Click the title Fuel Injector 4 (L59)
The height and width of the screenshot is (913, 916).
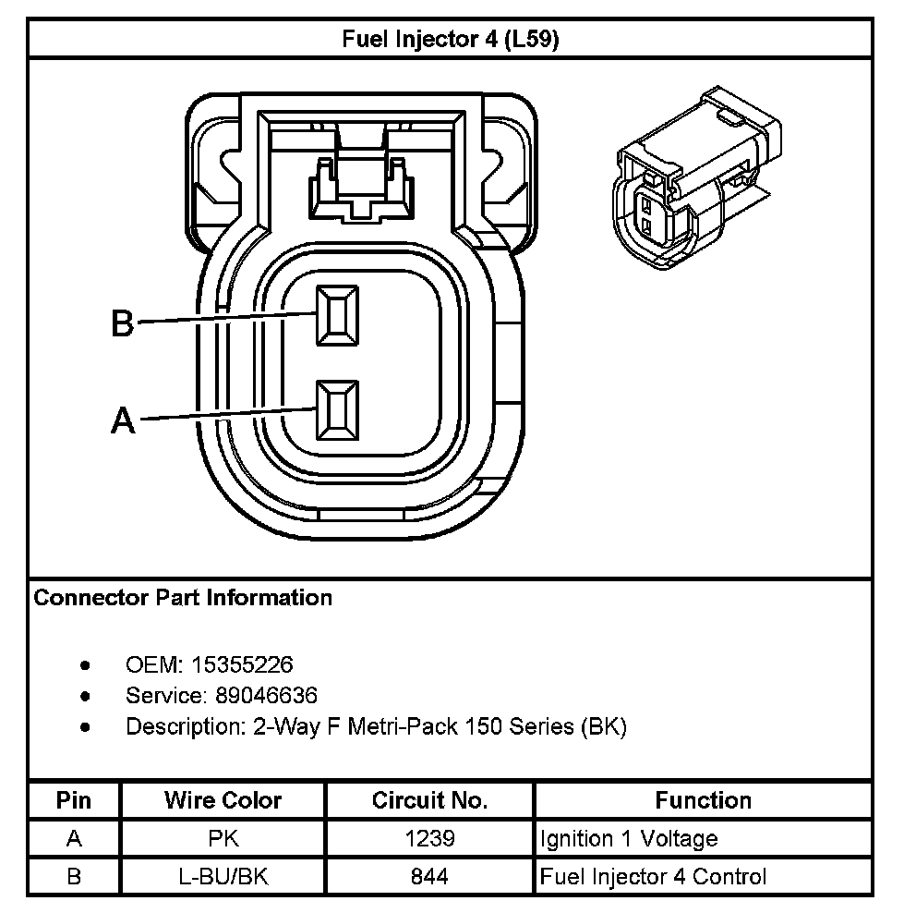coord(451,40)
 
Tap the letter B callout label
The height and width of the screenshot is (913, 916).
coord(123,323)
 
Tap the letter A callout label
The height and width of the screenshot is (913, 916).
coord(123,421)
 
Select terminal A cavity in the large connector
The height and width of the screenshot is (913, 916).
coord(338,409)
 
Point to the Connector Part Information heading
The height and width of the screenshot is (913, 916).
coord(183,598)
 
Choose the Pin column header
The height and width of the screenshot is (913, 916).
coord(74,800)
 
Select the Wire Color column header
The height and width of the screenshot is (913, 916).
coord(223,800)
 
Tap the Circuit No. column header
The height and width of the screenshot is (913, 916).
coord(429,800)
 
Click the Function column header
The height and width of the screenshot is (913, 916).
coord(703,800)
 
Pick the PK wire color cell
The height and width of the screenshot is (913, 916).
coord(223,839)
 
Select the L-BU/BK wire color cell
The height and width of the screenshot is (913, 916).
coord(223,876)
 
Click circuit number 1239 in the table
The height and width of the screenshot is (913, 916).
coord(429,839)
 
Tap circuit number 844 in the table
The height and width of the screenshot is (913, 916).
coord(429,876)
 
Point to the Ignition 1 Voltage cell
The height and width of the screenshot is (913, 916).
coord(629,839)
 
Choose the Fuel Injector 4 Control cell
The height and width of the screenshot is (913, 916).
coord(653,876)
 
